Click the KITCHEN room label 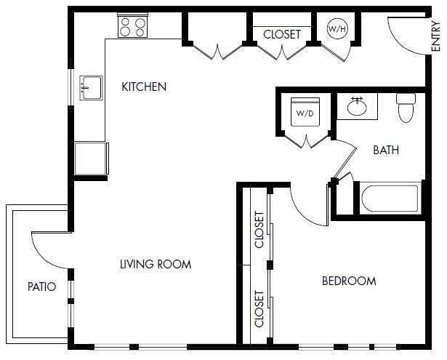tap(144, 87)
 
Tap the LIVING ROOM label tap(156, 264)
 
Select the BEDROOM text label tap(349, 281)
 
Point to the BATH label tap(385, 151)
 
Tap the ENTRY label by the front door tap(436, 36)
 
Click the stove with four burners tap(133, 27)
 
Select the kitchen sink tap(91, 88)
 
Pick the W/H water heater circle tap(337, 29)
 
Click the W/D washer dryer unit tap(304, 113)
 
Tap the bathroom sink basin tap(356, 108)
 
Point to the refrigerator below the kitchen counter tap(91, 158)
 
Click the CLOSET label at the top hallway tap(281, 34)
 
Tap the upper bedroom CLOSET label tap(259, 229)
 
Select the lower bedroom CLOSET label tap(259, 308)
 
